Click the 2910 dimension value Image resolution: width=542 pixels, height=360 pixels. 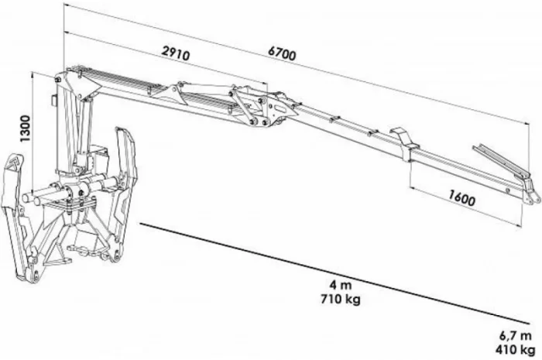click(176, 53)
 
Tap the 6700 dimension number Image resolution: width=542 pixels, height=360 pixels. click(282, 53)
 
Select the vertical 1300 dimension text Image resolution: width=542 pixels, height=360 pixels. click(26, 129)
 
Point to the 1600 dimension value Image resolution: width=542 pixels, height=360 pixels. click(461, 198)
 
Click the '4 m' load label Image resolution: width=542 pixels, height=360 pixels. click(341, 285)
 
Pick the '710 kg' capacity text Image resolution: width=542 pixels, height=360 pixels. click(341, 298)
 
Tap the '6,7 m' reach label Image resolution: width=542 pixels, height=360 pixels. click(515, 335)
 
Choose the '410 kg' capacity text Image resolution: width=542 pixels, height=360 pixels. click(515, 349)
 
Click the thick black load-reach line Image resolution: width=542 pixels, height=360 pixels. click(334, 273)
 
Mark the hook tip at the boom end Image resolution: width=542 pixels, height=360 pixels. click(534, 200)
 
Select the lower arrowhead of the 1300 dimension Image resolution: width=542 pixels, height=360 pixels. click(33, 194)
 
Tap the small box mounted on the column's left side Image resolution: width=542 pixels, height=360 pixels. click(54, 100)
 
